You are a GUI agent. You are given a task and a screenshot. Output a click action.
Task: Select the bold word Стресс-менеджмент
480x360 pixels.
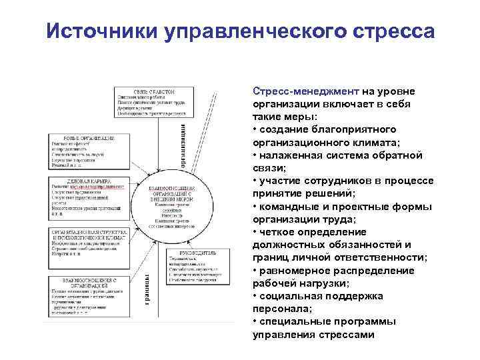pos(306,92)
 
